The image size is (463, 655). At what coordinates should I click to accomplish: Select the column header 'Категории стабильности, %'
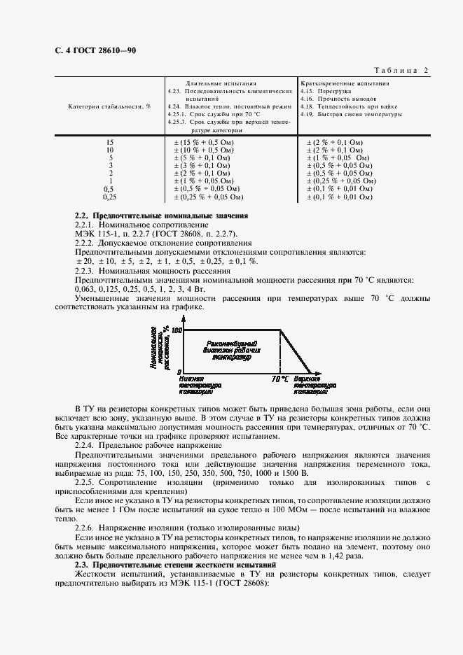[x=109, y=106]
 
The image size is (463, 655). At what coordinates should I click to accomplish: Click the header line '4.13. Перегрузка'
[x=320, y=91]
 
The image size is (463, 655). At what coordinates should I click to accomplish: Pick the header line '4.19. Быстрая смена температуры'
[x=350, y=114]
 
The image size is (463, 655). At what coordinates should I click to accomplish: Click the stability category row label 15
[x=109, y=143]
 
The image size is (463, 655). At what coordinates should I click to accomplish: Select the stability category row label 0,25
[x=109, y=197]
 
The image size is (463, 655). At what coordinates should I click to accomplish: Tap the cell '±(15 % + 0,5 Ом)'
[x=204, y=143]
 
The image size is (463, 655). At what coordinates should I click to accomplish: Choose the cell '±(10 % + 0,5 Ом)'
[x=204, y=150]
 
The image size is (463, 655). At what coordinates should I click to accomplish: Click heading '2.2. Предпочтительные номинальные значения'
[x=162, y=216]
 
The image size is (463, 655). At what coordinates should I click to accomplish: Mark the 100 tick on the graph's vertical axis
[x=177, y=330]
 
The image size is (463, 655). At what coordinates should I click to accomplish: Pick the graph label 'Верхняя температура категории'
[x=313, y=385]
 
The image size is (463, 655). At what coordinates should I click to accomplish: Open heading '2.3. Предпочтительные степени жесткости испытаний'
[x=176, y=564]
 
